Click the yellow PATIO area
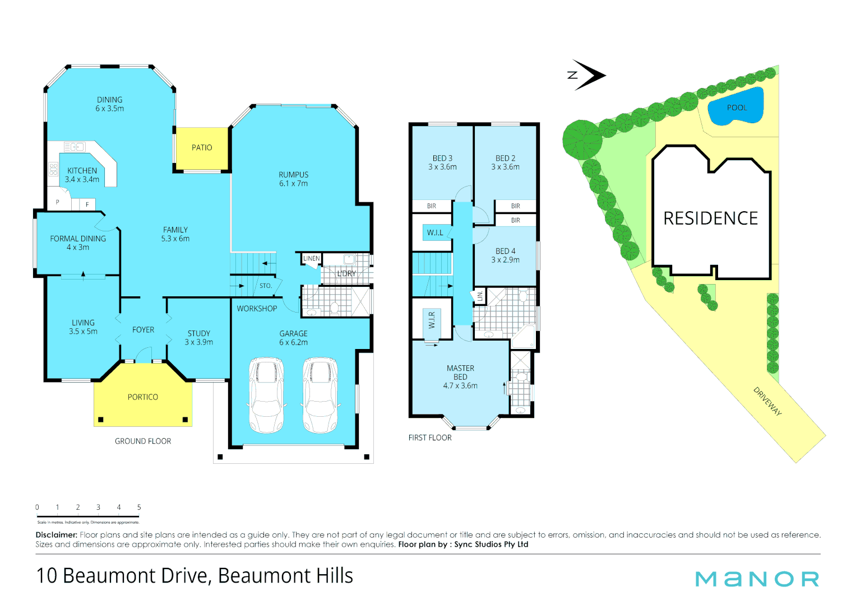point(202,148)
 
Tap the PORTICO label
point(143,397)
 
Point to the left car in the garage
point(266,395)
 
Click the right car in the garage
point(320,395)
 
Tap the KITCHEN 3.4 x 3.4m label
point(82,175)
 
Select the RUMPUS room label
point(294,179)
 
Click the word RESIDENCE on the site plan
point(710,218)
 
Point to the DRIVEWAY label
point(767,401)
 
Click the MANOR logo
point(757,579)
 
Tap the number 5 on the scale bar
point(139,507)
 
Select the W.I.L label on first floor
point(435,232)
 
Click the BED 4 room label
point(505,255)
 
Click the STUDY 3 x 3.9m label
point(199,337)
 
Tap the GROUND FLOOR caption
point(143,441)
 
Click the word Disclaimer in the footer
point(56,535)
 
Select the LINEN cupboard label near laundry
point(311,258)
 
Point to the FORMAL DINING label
point(78,243)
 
